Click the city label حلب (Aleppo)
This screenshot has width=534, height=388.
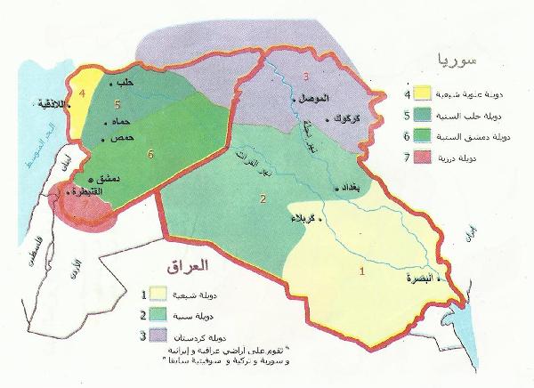point(127,83)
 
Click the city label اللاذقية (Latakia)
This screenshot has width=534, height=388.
point(52,103)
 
